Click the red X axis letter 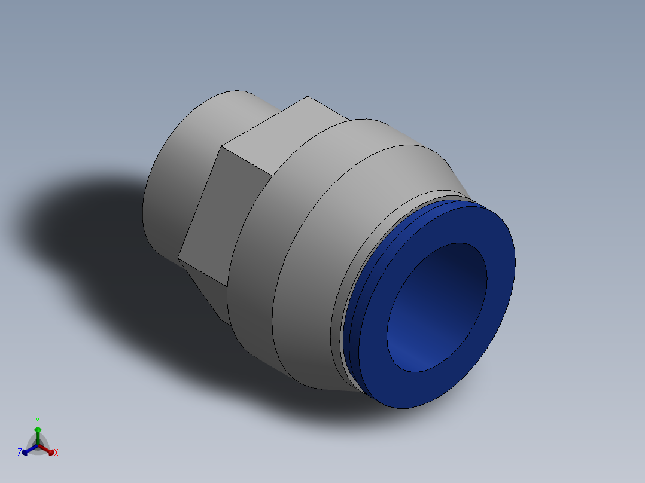tap(56, 453)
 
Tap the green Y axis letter tap(37, 420)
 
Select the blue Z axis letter tap(20, 453)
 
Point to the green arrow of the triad tap(38, 431)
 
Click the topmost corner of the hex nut tap(308, 97)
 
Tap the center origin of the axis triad tap(38, 445)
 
